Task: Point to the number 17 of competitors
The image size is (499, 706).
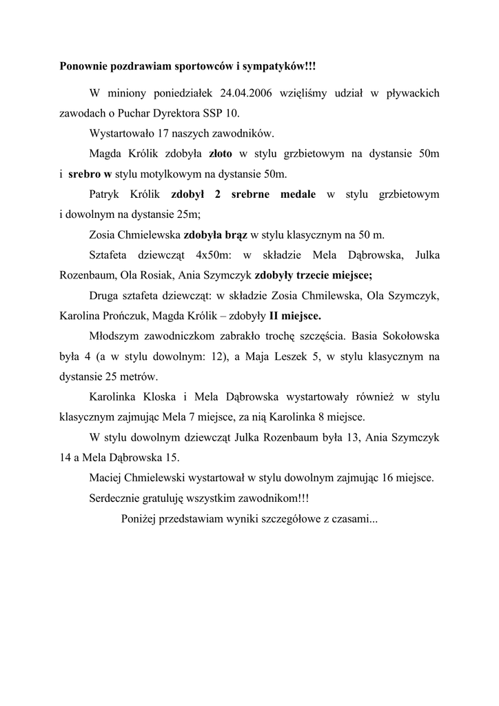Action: pos(165,133)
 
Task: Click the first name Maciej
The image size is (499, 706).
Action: pos(105,476)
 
